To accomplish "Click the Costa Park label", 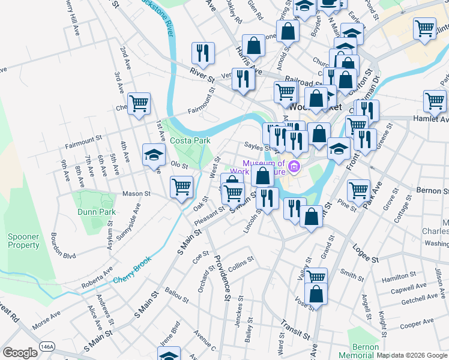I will (190, 140).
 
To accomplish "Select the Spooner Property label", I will (23, 241).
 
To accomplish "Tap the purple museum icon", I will (294, 166).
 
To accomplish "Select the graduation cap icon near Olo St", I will (154, 155).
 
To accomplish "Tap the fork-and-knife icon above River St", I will (203, 53).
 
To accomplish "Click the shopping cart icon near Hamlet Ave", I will (435, 101).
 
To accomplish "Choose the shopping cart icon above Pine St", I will (358, 190).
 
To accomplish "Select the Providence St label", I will (223, 277).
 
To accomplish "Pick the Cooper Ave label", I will (417, 325).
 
